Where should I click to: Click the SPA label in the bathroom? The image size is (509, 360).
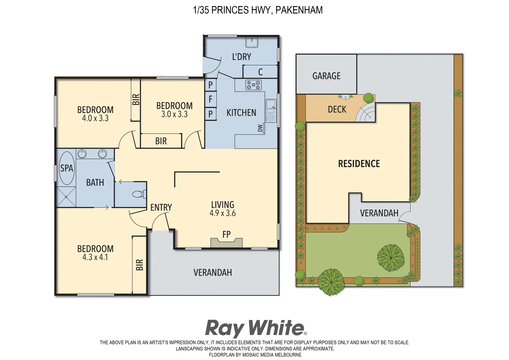[x=66, y=168]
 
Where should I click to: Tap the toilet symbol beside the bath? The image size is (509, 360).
[x=139, y=194]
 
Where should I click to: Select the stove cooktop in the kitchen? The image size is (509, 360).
[x=253, y=85]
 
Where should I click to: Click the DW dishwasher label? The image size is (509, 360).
[x=260, y=128]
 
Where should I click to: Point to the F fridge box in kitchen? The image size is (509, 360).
[x=210, y=99]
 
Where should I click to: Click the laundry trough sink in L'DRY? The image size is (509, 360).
[x=252, y=42]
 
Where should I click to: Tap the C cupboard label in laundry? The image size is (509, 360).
[x=260, y=72]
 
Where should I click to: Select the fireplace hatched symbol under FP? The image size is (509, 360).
[x=226, y=243]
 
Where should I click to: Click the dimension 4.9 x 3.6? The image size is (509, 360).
[x=222, y=213]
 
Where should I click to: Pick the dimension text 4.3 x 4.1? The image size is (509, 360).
[x=95, y=257]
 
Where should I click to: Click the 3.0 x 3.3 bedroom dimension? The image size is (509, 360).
[x=174, y=114]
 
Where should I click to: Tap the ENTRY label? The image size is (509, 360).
[x=161, y=207]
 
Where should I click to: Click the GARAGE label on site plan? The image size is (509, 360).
[x=326, y=76]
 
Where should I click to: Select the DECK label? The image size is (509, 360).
[x=337, y=109]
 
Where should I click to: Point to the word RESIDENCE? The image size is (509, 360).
[x=359, y=164]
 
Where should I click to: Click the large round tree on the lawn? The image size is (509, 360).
[x=390, y=258]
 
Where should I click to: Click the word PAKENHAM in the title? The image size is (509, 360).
[x=299, y=10]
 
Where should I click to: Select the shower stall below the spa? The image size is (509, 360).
[x=66, y=197]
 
